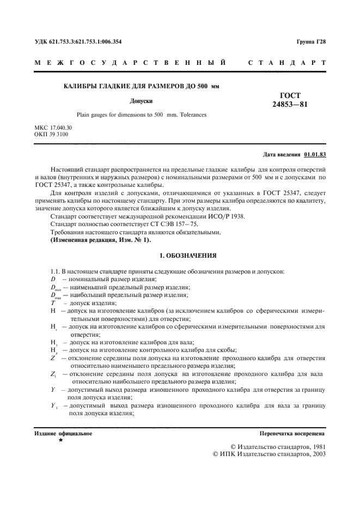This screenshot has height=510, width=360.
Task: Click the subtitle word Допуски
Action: tap(141, 101)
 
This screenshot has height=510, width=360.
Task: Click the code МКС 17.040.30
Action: tap(53, 127)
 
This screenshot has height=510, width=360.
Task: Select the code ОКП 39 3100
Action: tap(51, 134)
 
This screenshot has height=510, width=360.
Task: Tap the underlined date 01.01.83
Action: tap(315, 154)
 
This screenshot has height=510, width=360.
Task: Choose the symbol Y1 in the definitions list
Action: tap(54, 406)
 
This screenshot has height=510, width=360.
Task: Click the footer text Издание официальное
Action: tap(63, 434)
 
